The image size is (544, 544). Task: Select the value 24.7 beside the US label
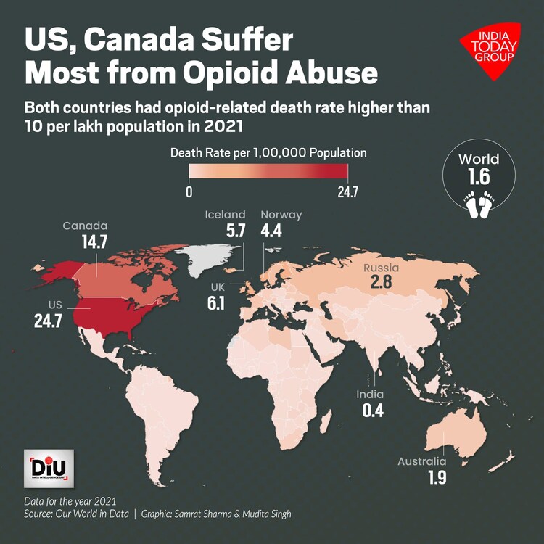click(49, 320)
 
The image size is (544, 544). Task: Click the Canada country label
click(85, 226)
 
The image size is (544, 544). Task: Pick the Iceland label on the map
click(225, 215)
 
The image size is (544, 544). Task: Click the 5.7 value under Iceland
click(236, 231)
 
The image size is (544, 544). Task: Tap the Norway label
click(281, 215)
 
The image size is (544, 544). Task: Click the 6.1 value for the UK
click(216, 303)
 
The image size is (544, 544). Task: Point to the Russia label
click(382, 268)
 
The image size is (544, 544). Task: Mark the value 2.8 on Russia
click(381, 282)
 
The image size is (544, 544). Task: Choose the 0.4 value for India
click(373, 410)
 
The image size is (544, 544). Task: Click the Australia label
click(422, 461)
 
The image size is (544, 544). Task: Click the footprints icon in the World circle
click(479, 206)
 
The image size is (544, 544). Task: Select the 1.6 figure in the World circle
click(479, 178)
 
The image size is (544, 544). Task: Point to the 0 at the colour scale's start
click(189, 193)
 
